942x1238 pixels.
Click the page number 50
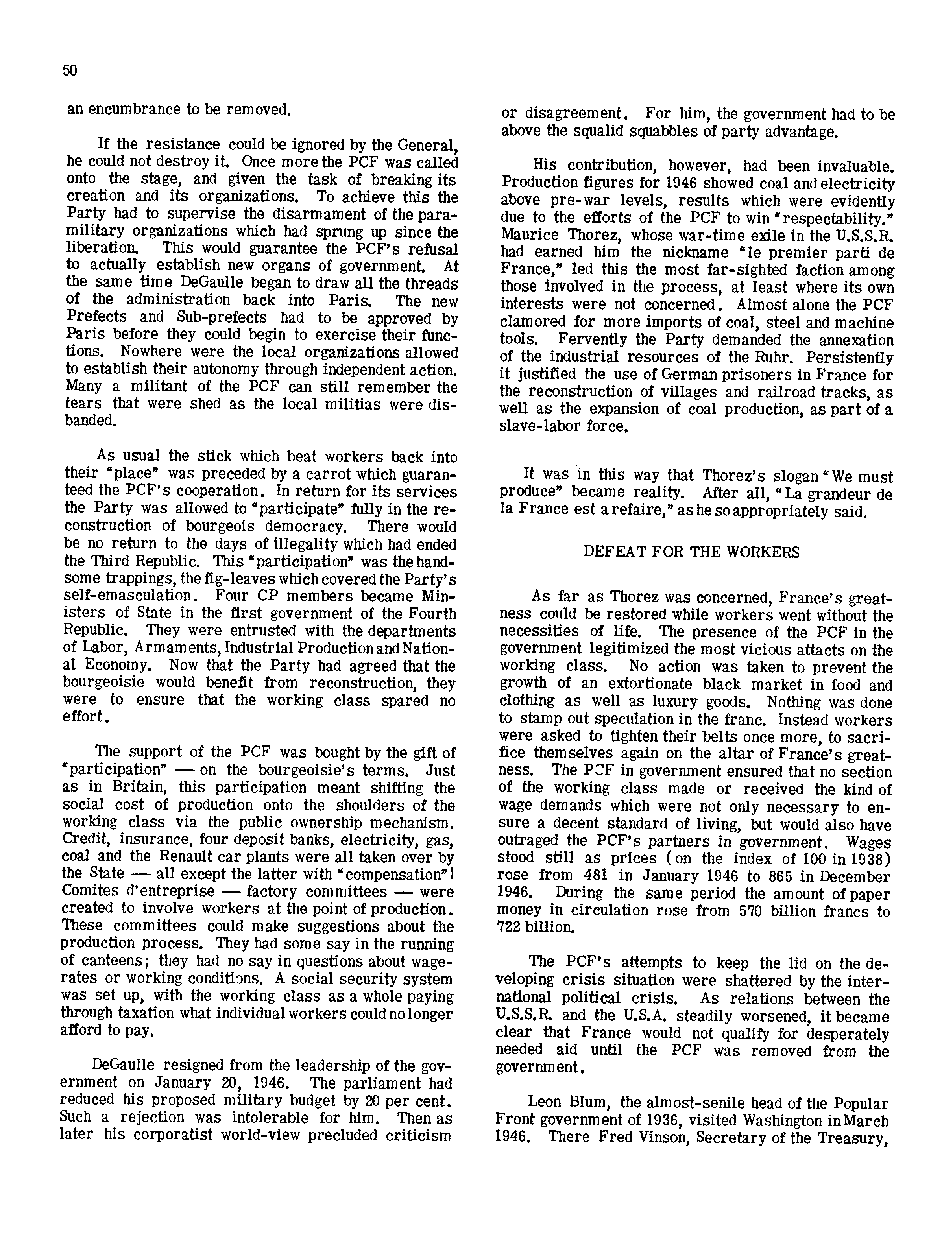point(70,71)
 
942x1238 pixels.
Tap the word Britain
point(137,788)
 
